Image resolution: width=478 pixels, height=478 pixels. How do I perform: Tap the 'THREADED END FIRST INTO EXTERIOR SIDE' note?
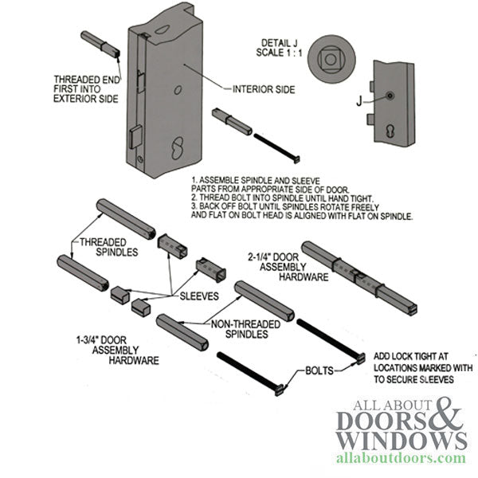tap(86, 89)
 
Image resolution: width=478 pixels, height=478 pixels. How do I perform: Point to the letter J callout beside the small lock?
tap(362, 101)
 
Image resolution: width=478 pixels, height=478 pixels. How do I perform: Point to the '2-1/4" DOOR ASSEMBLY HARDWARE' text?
tap(276, 267)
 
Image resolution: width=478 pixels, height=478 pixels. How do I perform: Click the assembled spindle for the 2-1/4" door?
tap(358, 274)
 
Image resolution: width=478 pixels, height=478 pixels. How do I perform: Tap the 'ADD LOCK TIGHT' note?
tap(410, 369)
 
